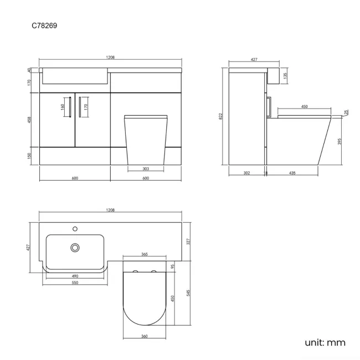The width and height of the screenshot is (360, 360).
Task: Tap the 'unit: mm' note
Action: click(x=325, y=342)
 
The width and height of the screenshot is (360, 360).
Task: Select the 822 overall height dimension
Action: click(x=221, y=116)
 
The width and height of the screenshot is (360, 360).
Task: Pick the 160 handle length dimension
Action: click(x=63, y=106)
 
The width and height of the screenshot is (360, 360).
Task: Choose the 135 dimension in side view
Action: click(x=285, y=75)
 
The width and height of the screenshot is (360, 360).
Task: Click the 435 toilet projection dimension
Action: click(x=292, y=173)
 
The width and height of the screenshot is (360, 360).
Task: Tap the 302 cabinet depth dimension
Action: click(x=246, y=173)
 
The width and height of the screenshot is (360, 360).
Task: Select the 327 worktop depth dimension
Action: click(x=188, y=241)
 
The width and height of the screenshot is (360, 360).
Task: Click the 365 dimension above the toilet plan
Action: click(x=144, y=254)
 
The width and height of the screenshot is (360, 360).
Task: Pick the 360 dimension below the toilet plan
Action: click(x=144, y=336)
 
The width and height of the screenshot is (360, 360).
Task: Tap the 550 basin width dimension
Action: click(x=74, y=282)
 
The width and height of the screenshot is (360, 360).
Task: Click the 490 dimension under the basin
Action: click(x=74, y=275)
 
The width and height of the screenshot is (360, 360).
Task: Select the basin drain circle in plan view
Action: click(x=74, y=248)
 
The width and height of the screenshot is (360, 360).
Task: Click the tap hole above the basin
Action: click(x=74, y=228)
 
